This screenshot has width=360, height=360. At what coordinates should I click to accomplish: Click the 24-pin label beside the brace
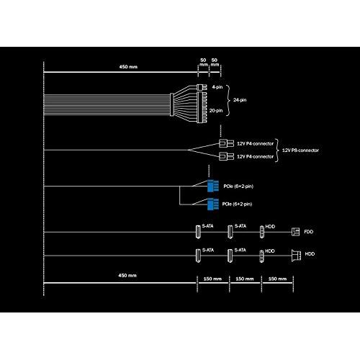click(x=240, y=100)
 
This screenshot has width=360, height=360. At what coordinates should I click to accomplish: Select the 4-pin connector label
click(x=217, y=87)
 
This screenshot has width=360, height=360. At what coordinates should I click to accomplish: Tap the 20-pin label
click(x=216, y=111)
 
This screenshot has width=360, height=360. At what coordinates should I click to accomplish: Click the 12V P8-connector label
click(x=300, y=150)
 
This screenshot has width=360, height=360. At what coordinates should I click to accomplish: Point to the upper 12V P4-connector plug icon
click(x=226, y=143)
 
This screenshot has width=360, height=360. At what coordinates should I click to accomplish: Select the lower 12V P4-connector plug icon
click(x=226, y=156)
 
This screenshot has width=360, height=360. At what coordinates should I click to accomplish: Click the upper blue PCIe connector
click(x=213, y=186)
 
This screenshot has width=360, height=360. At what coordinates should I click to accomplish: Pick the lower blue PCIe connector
click(x=213, y=204)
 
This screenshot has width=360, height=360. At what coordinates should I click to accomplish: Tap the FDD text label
click(x=309, y=232)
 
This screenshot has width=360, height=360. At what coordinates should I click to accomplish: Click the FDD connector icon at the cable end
click(x=295, y=232)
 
